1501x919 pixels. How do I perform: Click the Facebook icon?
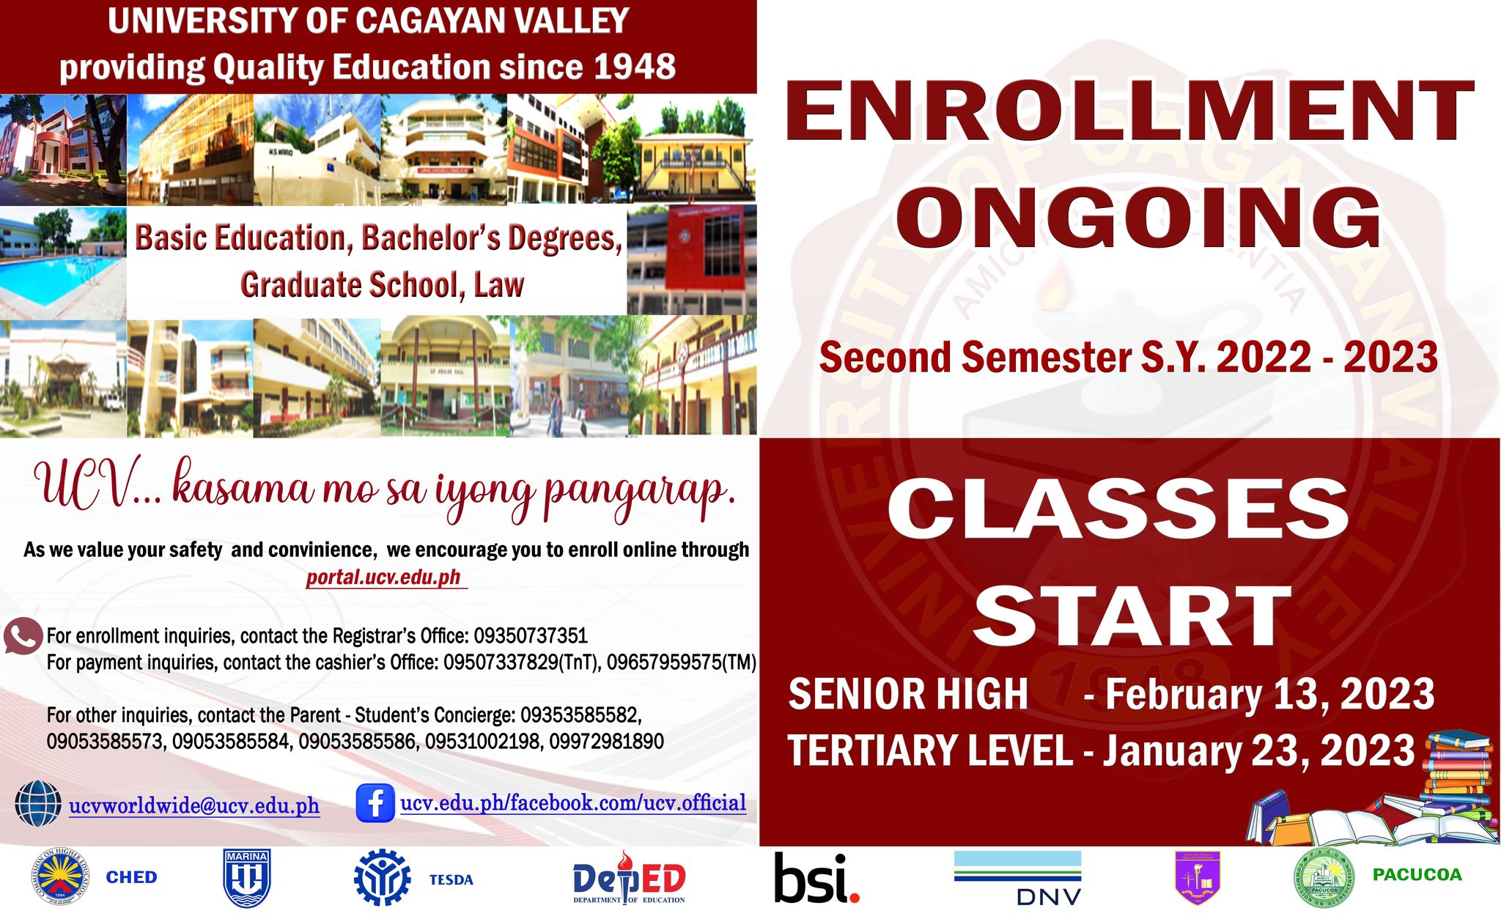pos(375,803)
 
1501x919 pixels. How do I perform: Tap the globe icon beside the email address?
pos(38,804)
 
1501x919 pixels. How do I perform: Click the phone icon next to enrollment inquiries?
pos(23,636)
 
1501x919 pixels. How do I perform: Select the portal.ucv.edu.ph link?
pos(384,577)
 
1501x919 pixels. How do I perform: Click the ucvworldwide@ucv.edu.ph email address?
pos(194,806)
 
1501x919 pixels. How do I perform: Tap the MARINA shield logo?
pos(247,878)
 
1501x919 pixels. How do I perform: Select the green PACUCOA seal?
pos(1324,877)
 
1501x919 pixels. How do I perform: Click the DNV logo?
pos(1017,878)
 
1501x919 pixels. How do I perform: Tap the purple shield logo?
pos(1197,877)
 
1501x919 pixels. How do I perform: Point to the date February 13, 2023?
pos(1269,694)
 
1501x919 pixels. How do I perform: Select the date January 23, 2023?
pos(1259,750)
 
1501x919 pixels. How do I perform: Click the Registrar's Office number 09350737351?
pos(531,635)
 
